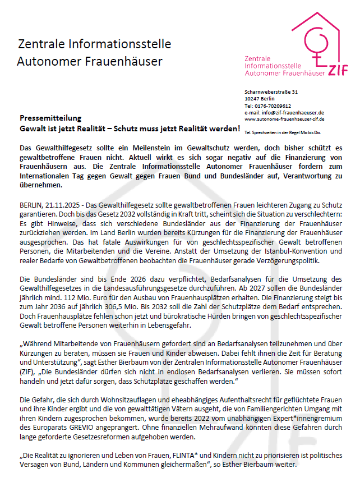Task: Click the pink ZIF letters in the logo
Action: click(x=336, y=70)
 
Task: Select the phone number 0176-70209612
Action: click(x=272, y=105)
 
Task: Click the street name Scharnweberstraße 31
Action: click(x=271, y=91)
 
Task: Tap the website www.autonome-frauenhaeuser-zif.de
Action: click(x=284, y=119)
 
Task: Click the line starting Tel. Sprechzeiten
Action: click(x=283, y=132)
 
